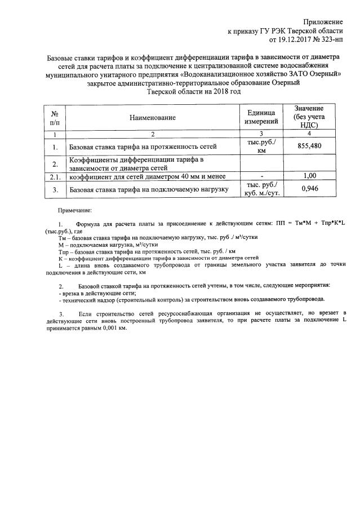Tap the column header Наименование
click(152, 118)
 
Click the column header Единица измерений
click(261, 117)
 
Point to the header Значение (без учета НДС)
click(308, 117)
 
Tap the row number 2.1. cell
click(55, 177)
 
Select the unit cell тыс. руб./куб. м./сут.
click(261, 189)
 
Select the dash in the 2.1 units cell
click(261, 177)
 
